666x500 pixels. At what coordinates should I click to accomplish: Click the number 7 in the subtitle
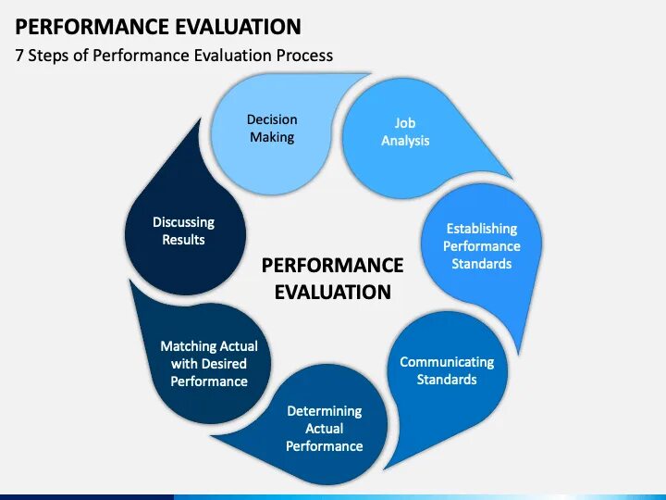(19, 56)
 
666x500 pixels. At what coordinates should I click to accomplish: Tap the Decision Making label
(272, 129)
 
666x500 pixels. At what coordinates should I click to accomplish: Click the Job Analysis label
(405, 131)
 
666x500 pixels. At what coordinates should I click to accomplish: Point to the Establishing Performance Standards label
(481, 246)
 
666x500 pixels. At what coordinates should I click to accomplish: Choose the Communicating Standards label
(447, 370)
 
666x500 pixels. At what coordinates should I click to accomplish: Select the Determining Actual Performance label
(324, 429)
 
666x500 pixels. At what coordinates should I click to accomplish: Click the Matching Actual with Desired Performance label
(209, 364)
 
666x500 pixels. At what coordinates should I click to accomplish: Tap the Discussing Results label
(183, 231)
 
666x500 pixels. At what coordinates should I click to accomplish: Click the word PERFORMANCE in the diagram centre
(332, 266)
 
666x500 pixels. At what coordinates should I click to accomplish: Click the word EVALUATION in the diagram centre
(332, 293)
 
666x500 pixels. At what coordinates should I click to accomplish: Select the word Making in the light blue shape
(272, 138)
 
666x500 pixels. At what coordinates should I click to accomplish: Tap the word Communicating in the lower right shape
(447, 362)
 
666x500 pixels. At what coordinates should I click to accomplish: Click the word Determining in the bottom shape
(324, 411)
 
